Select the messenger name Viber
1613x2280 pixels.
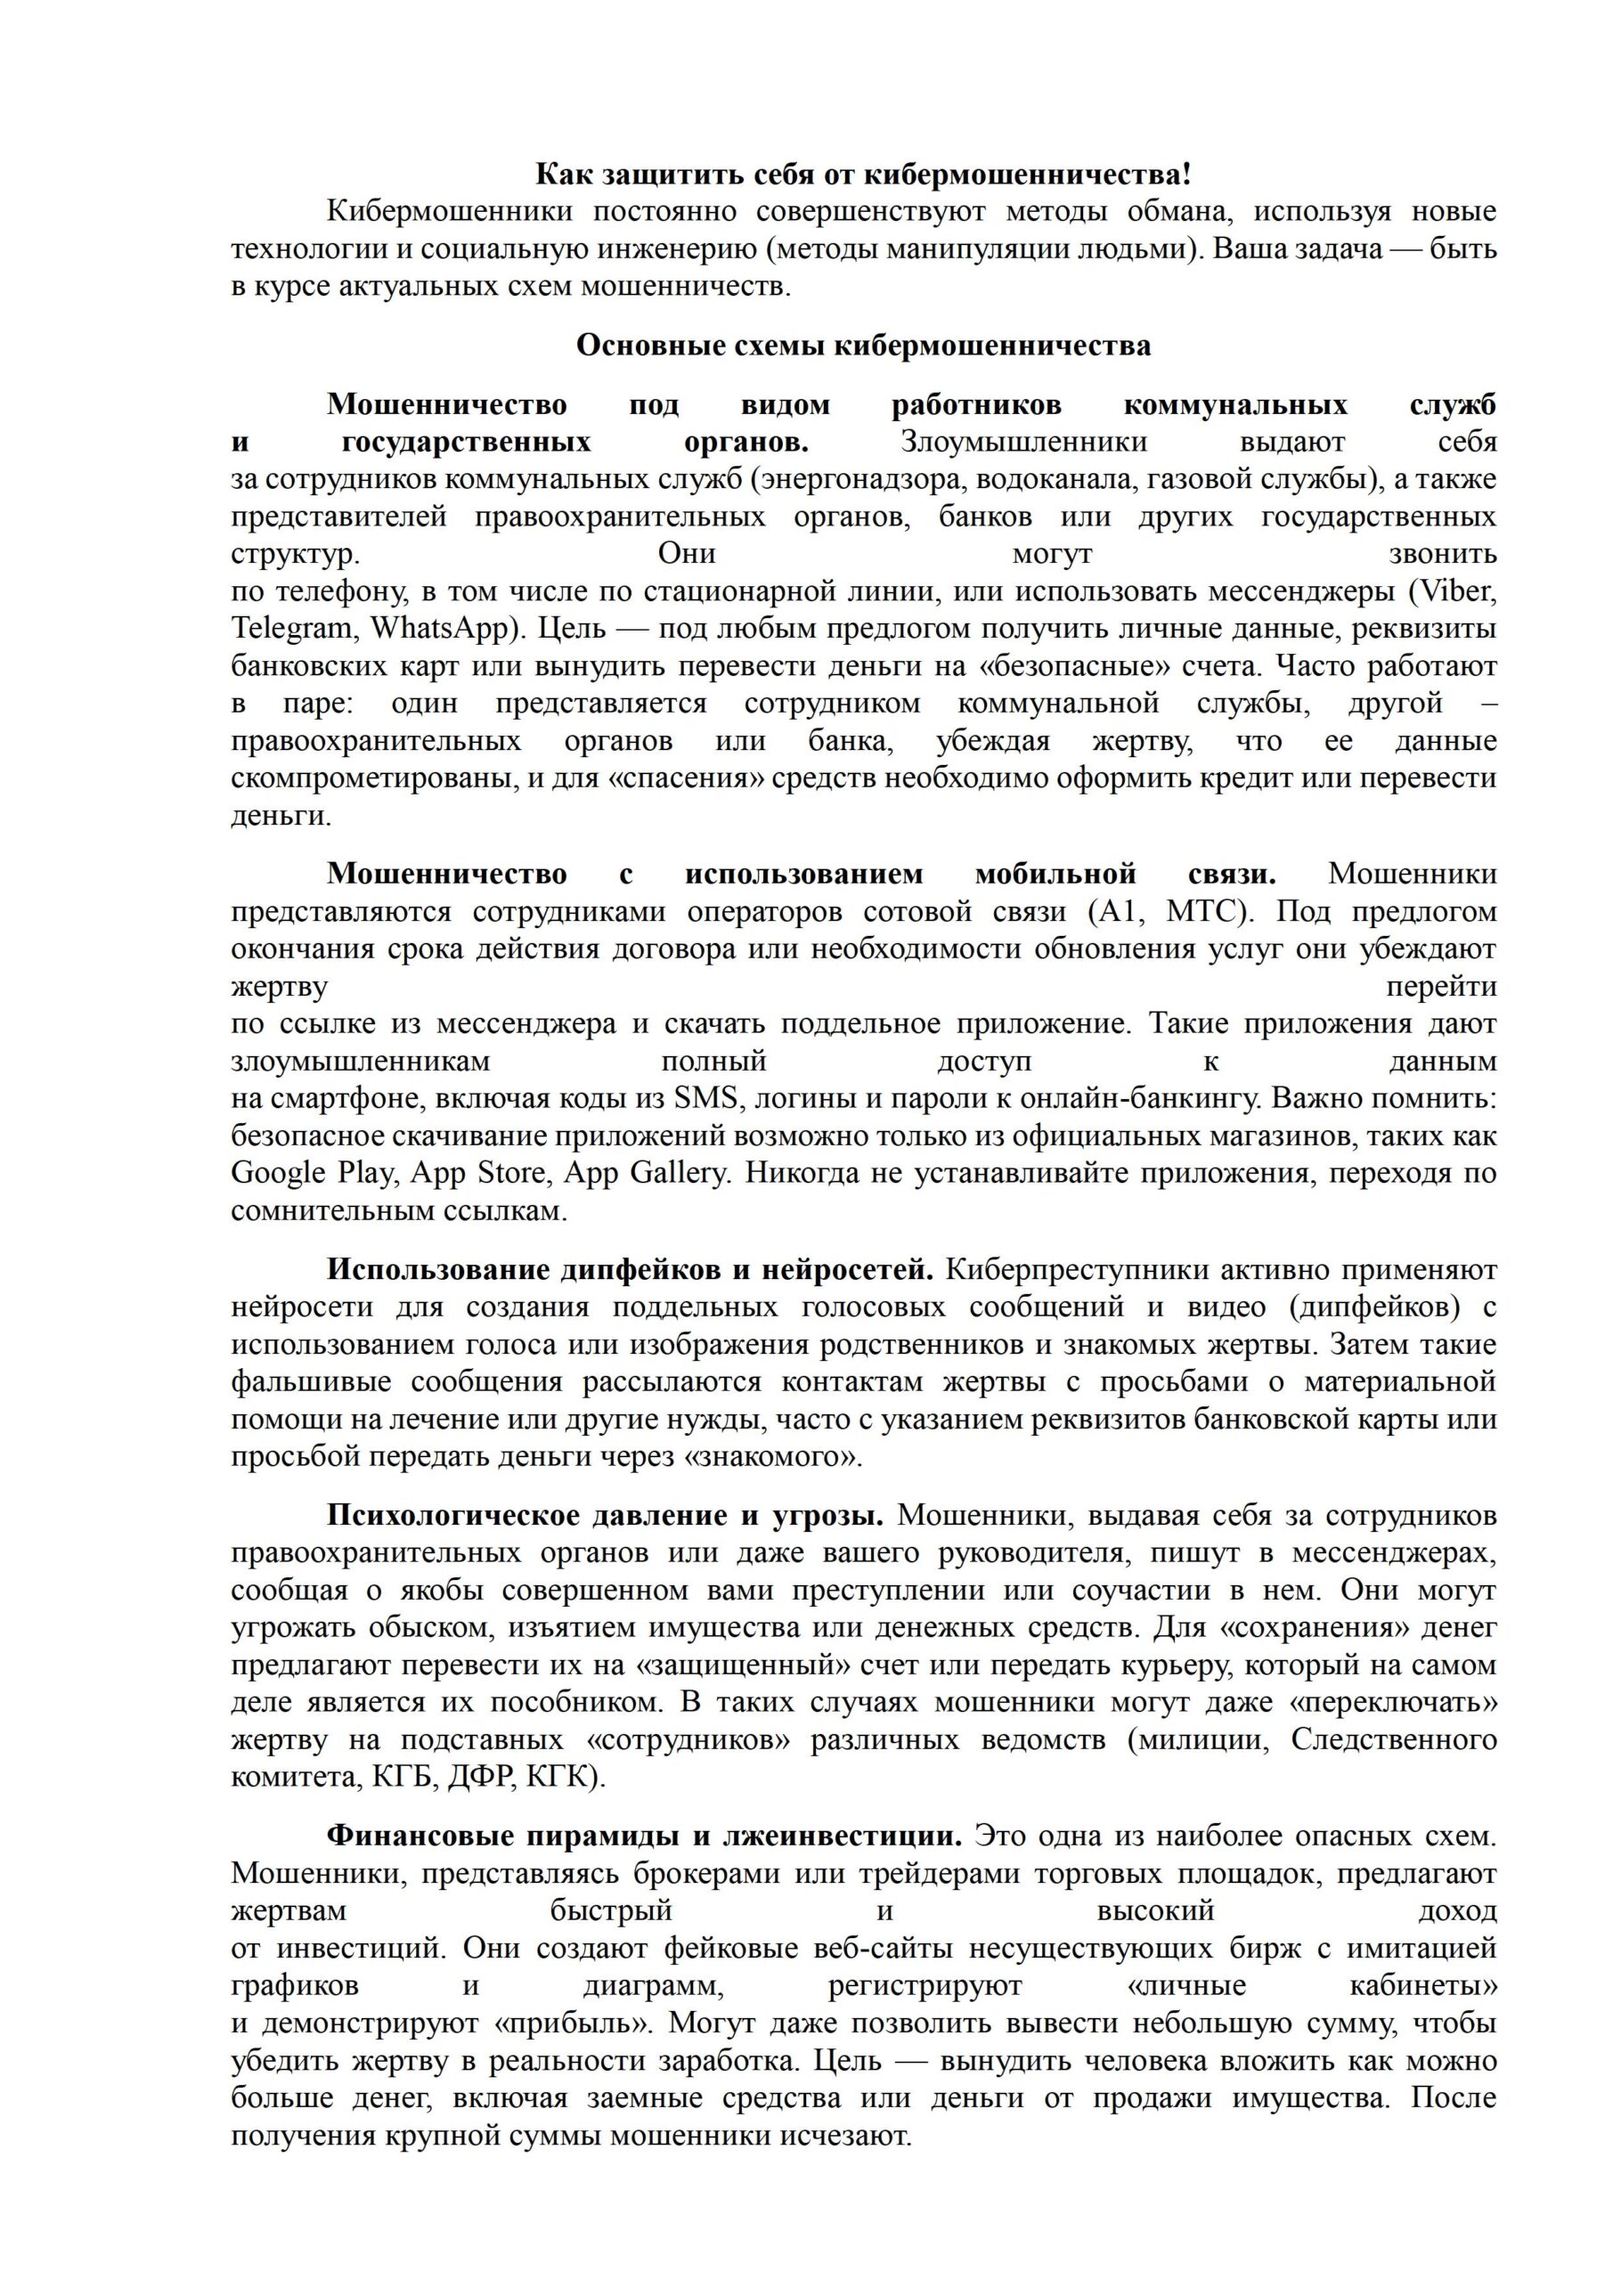pyautogui.click(x=1458, y=592)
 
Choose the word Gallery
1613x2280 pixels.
pyautogui.click(x=679, y=1174)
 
